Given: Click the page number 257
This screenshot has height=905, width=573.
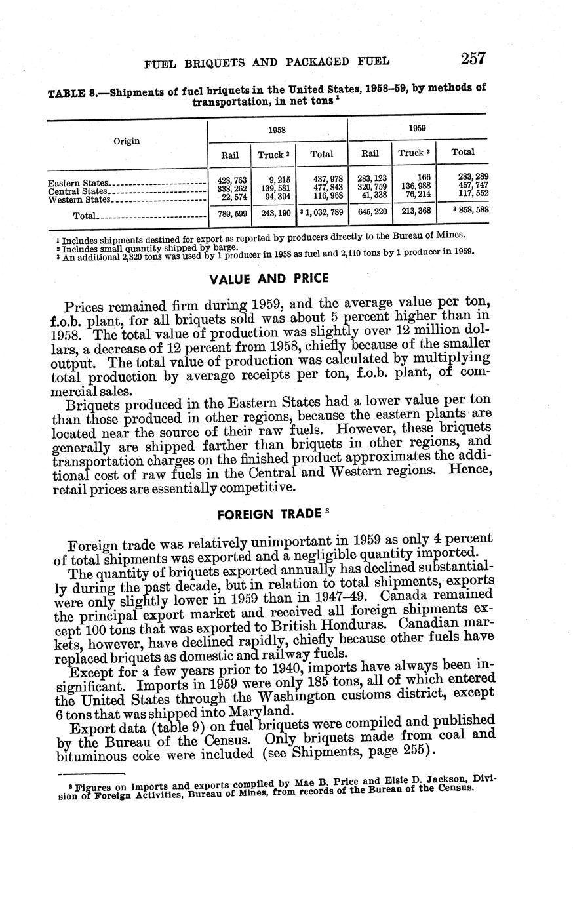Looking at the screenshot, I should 472,59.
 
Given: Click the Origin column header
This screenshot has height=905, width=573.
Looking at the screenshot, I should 127,141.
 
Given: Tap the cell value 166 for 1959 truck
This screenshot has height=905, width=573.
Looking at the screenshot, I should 424,177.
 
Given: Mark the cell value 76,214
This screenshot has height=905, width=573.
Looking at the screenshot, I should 416,195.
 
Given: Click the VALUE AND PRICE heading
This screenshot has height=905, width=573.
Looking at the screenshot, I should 269,278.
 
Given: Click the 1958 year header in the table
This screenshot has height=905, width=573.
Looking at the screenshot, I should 277,130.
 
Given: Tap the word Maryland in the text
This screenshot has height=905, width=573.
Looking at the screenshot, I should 263,712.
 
